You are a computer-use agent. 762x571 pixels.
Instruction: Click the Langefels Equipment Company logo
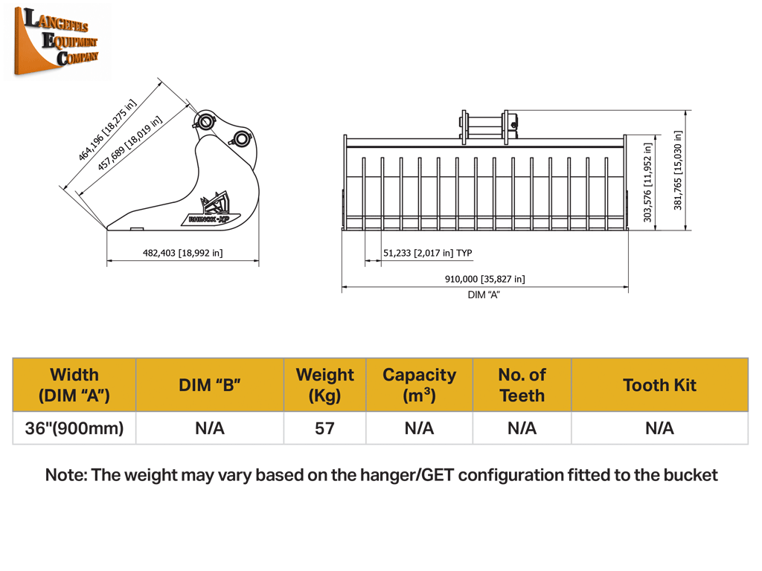pyautogui.click(x=57, y=42)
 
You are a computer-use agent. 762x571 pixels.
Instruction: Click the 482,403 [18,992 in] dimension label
pyautogui.click(x=183, y=253)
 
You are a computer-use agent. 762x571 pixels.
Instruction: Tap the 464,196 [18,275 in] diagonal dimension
pyautogui.click(x=107, y=129)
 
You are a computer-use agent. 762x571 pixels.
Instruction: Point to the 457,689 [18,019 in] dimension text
pyautogui.click(x=129, y=143)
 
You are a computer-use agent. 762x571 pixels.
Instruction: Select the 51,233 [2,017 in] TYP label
pyautogui.click(x=428, y=253)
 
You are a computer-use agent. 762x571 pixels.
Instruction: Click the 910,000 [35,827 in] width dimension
pyautogui.click(x=485, y=279)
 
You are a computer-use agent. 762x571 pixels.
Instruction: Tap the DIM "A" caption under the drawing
pyautogui.click(x=484, y=294)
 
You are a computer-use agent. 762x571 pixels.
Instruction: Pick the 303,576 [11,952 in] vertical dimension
pyautogui.click(x=647, y=183)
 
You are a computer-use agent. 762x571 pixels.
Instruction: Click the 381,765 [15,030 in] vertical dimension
pyautogui.click(x=678, y=170)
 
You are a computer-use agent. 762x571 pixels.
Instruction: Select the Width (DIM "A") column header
pyautogui.click(x=74, y=385)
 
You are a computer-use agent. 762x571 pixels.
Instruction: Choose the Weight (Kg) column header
pyautogui.click(x=325, y=385)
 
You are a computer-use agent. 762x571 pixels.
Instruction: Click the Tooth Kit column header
pyautogui.click(x=659, y=385)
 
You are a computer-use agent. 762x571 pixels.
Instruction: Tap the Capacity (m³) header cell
pyautogui.click(x=420, y=385)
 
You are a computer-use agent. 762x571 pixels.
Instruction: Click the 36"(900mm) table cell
pyautogui.click(x=74, y=428)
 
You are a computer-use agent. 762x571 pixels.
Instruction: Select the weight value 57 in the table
pyautogui.click(x=324, y=428)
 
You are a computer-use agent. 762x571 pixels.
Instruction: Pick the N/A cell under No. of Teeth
pyautogui.click(x=522, y=428)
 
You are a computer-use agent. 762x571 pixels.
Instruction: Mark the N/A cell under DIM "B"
pyautogui.click(x=210, y=428)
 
